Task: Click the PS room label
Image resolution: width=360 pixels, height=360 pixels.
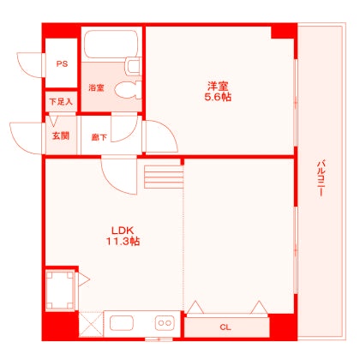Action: pos(61,64)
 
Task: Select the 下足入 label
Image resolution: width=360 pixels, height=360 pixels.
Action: pos(61,102)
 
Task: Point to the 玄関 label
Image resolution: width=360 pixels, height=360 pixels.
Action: pos(60,136)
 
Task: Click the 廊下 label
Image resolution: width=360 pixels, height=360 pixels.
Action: pos(99,136)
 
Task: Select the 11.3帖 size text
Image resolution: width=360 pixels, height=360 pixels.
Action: pos(123,242)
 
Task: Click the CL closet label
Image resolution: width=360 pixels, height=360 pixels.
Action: pos(225,327)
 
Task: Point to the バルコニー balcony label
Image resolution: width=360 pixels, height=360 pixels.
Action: pos(320,178)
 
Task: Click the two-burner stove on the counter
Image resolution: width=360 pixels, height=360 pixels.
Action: pos(165,324)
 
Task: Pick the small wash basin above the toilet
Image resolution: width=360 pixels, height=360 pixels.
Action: pos(132,65)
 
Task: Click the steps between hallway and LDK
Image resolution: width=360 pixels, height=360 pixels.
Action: pos(164,176)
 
